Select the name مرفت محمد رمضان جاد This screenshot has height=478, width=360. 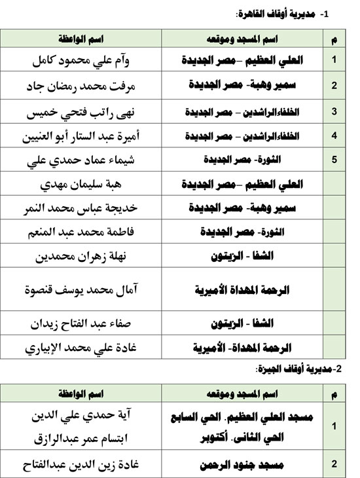coord(88,86)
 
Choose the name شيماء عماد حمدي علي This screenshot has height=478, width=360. coord(88,160)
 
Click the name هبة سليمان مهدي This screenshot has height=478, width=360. coord(88,185)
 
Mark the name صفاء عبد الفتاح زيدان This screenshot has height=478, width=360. coord(88,323)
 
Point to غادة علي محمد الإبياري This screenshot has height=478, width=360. coord(88,347)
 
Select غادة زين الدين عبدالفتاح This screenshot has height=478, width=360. coord(88,465)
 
